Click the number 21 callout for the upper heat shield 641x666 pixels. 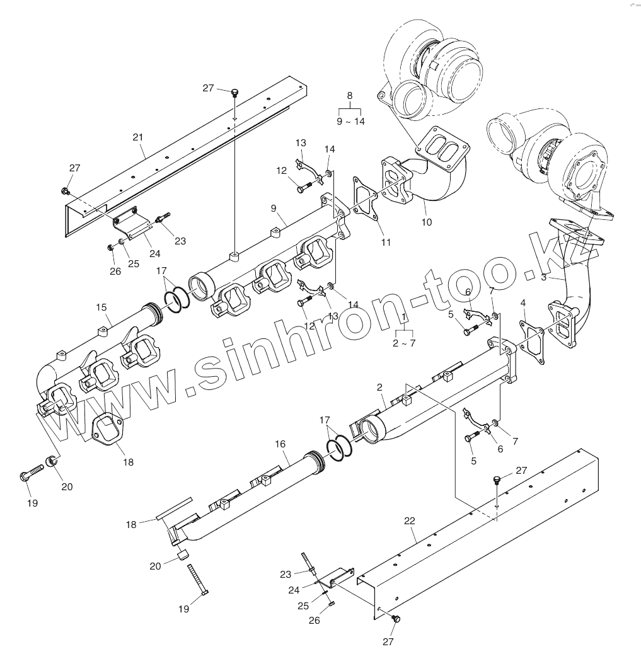138,137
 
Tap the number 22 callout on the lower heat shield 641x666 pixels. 410,521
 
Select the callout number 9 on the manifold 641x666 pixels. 274,207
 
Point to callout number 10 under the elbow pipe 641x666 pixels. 427,222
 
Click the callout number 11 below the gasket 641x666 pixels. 386,242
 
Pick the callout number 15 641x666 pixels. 101,307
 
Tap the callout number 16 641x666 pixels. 280,444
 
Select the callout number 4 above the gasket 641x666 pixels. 523,303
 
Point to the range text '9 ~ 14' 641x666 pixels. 350,122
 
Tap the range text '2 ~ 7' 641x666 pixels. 404,343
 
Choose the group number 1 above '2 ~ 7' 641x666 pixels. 403,316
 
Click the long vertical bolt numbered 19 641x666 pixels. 199,580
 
